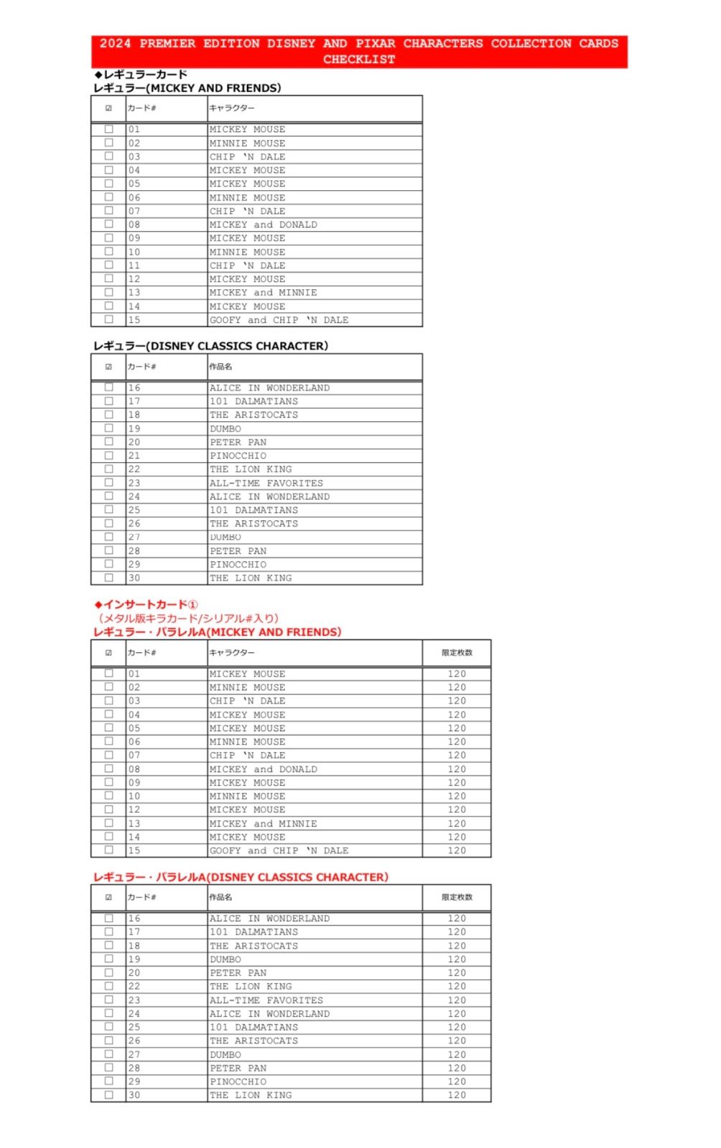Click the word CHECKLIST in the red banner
point(358,60)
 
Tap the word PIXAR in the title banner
point(375,43)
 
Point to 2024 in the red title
point(115,43)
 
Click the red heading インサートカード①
point(146,604)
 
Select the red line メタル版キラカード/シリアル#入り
point(188,618)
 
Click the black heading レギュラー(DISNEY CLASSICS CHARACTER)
point(210,346)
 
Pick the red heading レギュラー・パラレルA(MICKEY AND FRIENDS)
point(217,632)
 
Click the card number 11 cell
point(134,265)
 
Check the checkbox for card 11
point(109,265)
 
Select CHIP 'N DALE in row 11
point(248,265)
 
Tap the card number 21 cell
point(134,456)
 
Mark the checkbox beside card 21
point(109,456)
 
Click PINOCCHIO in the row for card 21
point(238,456)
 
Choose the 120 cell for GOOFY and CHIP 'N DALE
point(457,850)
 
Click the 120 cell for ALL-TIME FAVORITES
point(457,1000)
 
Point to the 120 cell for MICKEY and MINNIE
point(457,824)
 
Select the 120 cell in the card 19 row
point(457,959)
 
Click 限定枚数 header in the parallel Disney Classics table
point(457,897)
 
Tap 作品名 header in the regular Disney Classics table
point(220,367)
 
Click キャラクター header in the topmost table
point(231,108)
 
